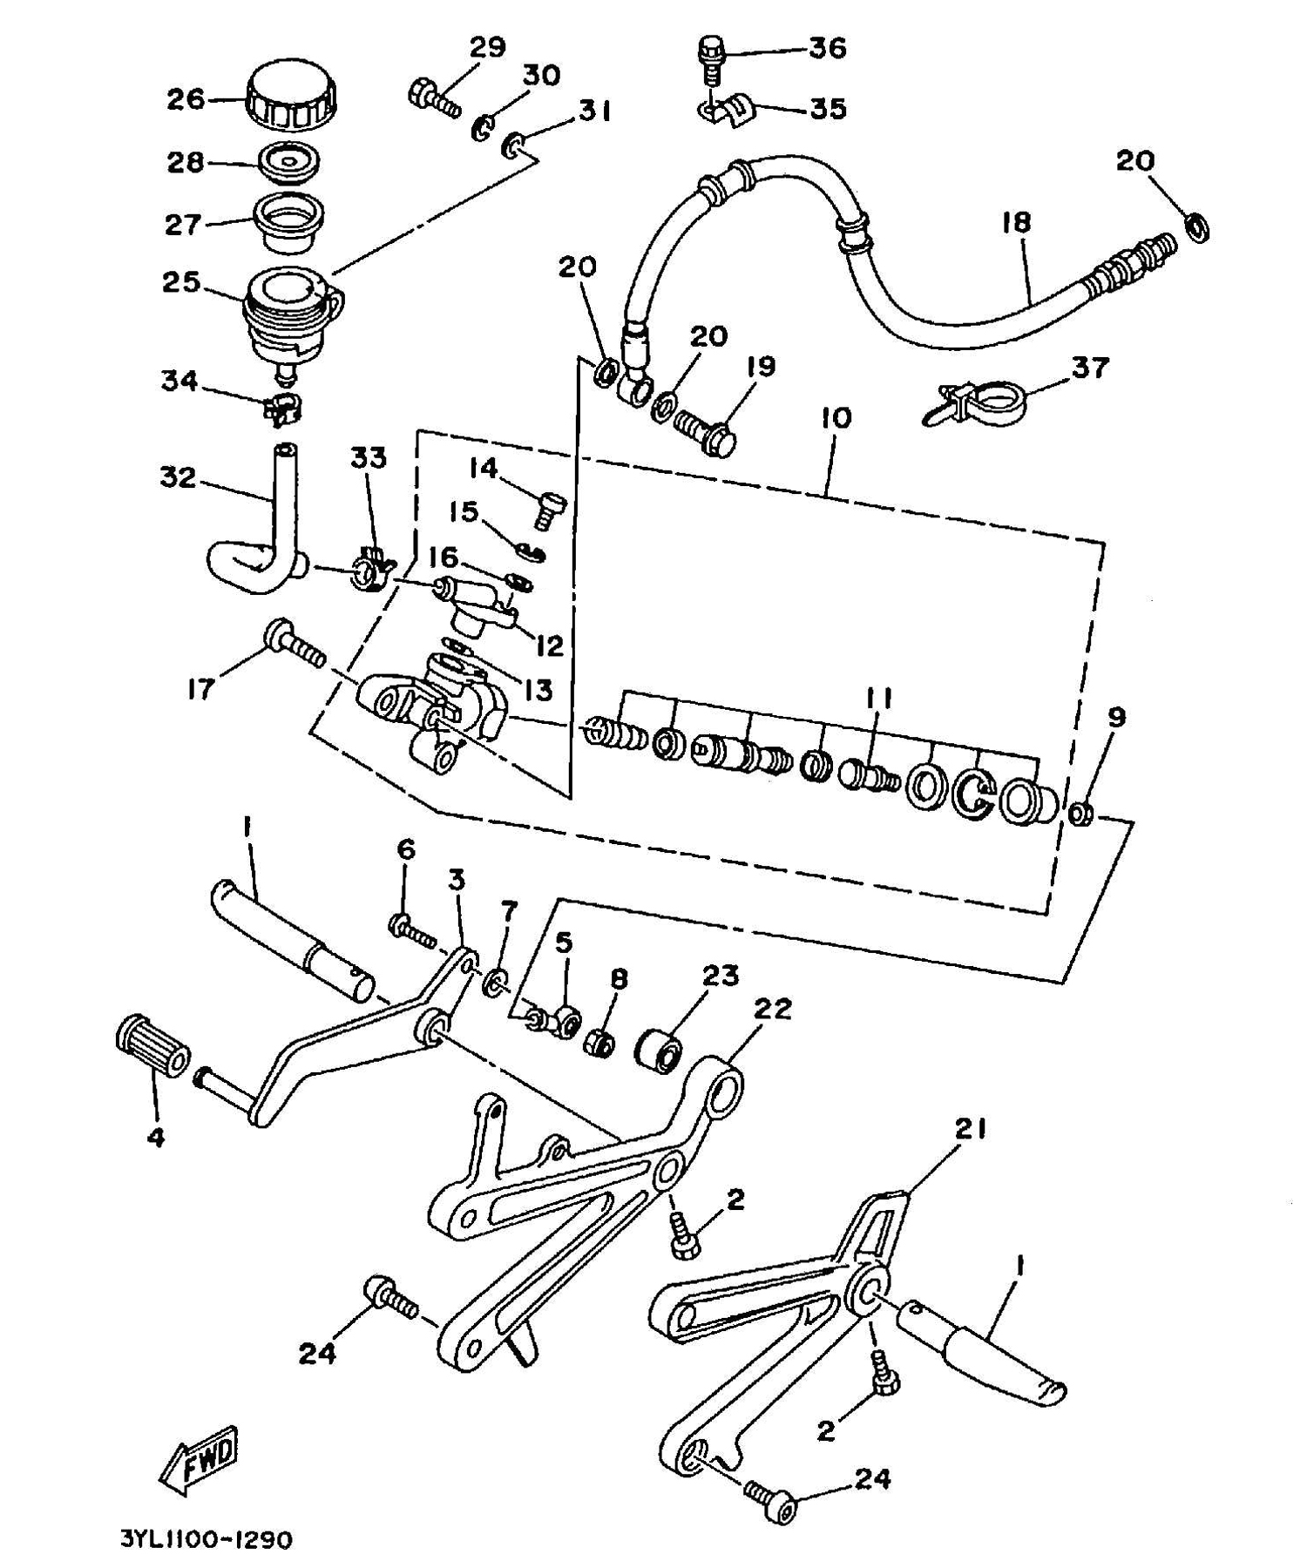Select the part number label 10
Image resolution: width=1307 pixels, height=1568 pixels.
835,418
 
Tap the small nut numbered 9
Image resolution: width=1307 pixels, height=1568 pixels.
1081,815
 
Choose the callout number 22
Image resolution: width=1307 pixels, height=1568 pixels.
772,1009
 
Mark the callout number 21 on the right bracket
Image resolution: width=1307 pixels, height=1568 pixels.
970,1130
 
